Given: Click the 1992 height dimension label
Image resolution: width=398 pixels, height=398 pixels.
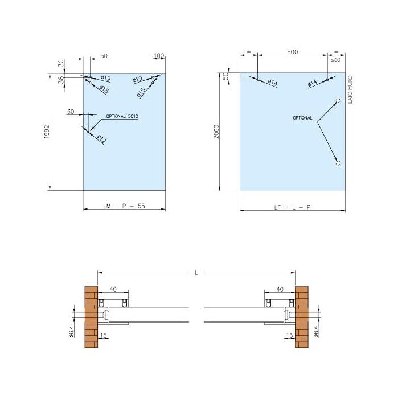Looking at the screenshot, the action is [x=47, y=132].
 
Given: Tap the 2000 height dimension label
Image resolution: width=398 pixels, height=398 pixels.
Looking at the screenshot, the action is [x=216, y=132].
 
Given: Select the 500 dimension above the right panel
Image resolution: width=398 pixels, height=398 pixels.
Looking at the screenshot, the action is [x=293, y=52].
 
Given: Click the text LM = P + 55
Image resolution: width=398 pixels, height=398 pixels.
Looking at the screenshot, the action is [x=124, y=206].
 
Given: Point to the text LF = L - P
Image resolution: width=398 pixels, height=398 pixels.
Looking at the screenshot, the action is [x=293, y=207].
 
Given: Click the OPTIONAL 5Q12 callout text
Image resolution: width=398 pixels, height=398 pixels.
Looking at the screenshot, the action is [x=122, y=116].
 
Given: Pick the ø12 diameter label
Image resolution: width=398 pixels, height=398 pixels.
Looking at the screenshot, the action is [x=102, y=139].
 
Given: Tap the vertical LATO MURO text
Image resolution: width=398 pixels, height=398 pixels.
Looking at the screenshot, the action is [x=350, y=89].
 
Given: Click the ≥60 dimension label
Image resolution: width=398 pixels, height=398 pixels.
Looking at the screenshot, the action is [x=335, y=60].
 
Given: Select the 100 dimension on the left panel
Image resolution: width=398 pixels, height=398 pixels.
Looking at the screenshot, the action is [x=159, y=55].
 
